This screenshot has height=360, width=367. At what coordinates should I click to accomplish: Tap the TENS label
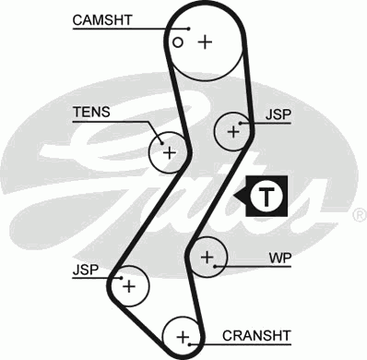(x=91, y=113)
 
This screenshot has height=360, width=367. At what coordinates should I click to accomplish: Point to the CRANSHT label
(x=256, y=335)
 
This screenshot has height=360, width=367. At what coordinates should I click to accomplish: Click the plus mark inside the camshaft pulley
(x=204, y=42)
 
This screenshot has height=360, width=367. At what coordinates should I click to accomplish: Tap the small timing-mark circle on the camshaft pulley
(x=178, y=42)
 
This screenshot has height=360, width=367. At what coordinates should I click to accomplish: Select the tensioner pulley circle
(x=169, y=150)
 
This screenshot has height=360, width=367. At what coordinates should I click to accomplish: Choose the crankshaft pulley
(x=183, y=335)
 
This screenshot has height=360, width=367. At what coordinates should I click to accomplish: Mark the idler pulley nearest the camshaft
(x=233, y=132)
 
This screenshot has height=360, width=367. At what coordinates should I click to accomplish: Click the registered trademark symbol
(x=359, y=215)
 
